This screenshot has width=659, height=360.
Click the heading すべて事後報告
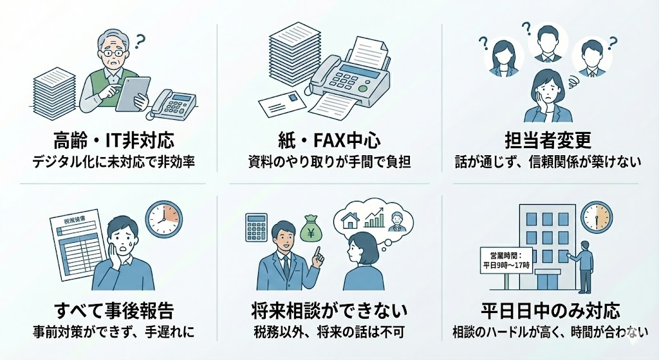[x=114, y=311]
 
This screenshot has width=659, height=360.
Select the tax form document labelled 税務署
[x=78, y=248]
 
